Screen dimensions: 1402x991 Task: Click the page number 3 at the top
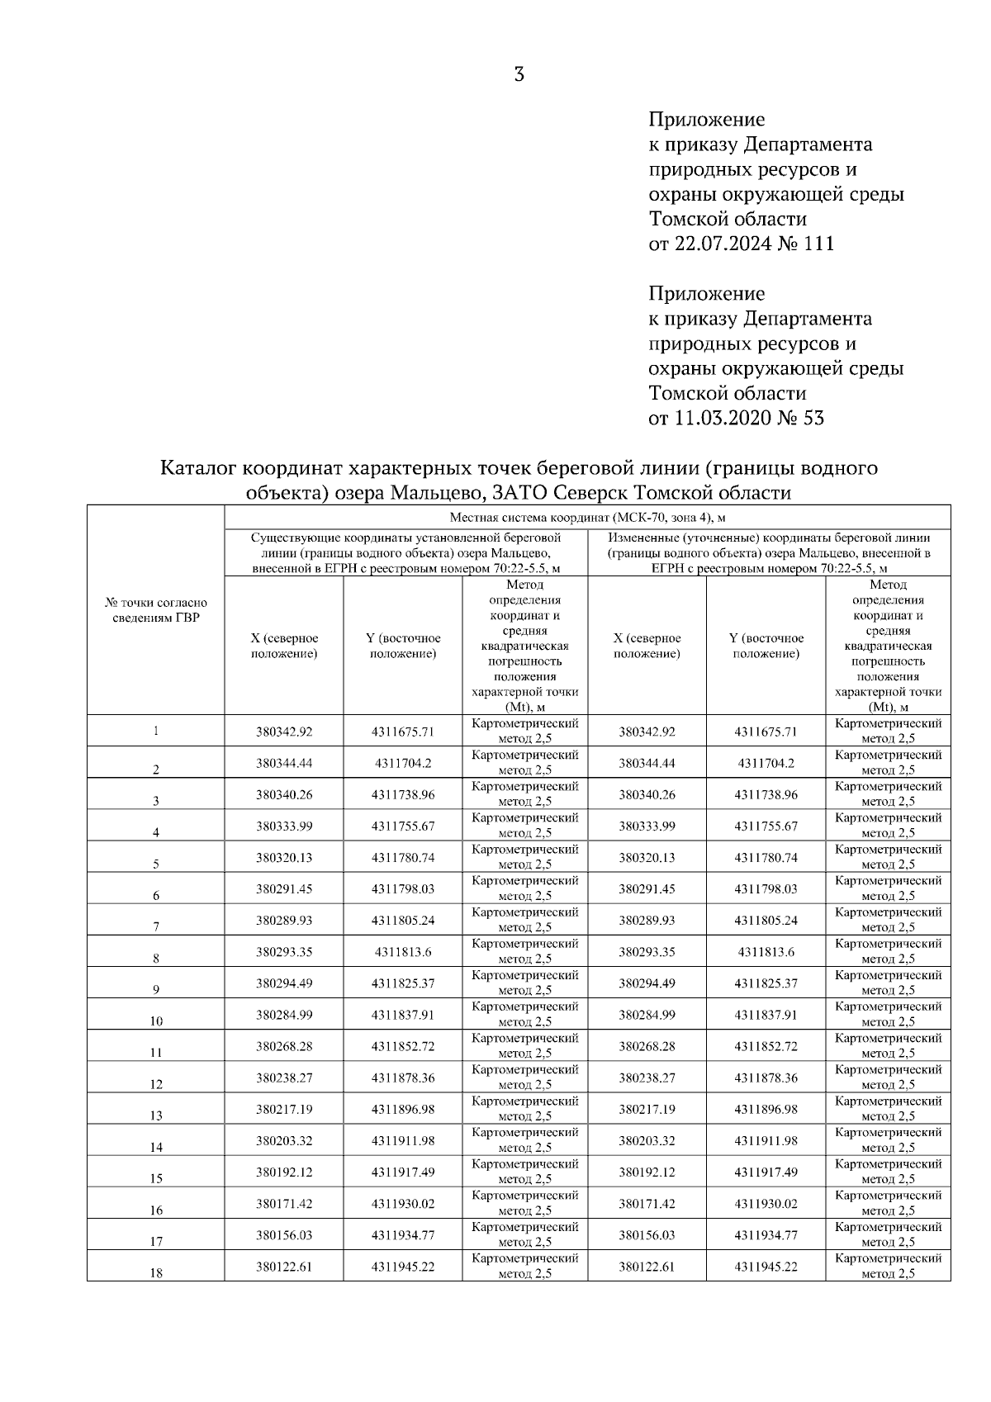(519, 75)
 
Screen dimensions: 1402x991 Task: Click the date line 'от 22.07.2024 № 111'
(741, 244)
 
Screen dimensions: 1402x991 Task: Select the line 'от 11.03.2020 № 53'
(736, 418)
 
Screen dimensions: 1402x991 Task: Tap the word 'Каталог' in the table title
(197, 468)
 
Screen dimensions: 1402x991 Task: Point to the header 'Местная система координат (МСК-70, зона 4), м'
(587, 518)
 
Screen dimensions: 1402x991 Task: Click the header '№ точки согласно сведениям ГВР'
(156, 610)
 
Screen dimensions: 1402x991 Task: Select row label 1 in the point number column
(156, 731)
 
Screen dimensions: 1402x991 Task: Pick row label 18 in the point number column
(156, 1273)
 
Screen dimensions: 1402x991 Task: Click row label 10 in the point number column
(156, 1021)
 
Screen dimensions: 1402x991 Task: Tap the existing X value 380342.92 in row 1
(284, 732)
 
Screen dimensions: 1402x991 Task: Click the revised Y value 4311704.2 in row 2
(766, 763)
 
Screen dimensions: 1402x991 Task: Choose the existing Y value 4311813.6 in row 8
(403, 952)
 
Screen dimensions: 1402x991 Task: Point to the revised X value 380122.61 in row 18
(647, 1267)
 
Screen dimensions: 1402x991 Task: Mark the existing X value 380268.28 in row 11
(284, 1046)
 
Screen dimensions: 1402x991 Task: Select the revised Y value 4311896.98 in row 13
(766, 1109)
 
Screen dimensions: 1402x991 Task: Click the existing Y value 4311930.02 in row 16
(403, 1204)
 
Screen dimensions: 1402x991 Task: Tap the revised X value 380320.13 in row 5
(647, 858)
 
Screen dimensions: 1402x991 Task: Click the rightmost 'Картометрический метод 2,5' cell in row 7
(888, 920)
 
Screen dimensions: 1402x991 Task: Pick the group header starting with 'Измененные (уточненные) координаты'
(769, 552)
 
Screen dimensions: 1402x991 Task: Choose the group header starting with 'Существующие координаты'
(405, 552)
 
